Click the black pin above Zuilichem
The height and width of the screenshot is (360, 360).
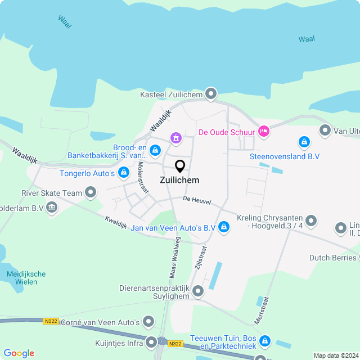point(180,166)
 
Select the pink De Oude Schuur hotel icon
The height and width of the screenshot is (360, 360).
point(263,132)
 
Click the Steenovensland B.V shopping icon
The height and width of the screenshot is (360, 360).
point(304,142)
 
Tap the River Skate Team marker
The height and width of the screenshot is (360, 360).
point(91,193)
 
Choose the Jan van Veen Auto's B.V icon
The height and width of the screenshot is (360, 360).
point(224,227)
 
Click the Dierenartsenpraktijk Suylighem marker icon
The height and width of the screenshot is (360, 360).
point(198,291)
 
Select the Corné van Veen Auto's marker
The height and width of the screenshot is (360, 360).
point(148,322)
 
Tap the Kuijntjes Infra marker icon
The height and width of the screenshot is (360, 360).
point(151,342)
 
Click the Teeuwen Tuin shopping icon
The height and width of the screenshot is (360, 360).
point(264,341)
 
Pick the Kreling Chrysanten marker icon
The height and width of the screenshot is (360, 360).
point(312,220)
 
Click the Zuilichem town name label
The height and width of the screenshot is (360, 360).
point(179,181)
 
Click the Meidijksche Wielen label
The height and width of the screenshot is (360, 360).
point(26,278)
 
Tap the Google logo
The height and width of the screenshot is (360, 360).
point(19,353)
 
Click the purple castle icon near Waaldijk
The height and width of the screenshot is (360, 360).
point(176,138)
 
